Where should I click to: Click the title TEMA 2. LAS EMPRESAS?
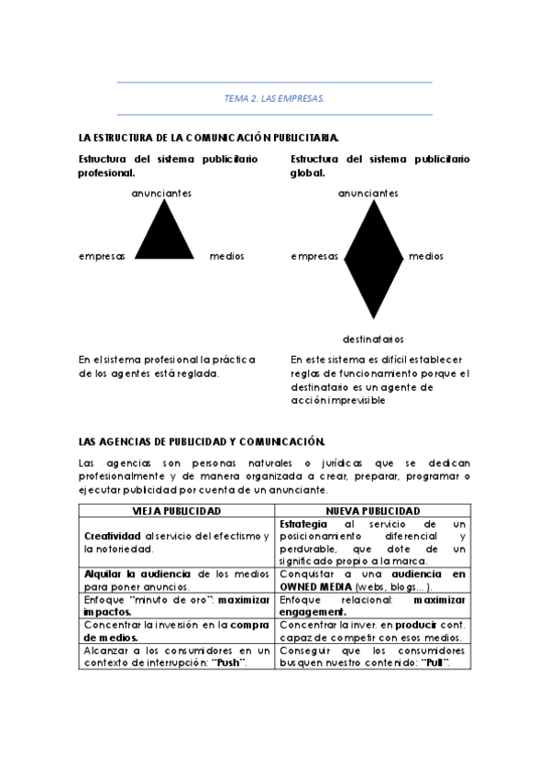[x=274, y=97]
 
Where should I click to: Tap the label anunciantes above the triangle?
[x=161, y=194]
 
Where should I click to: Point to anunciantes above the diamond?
[x=368, y=194]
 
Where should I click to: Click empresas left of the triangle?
[x=103, y=257]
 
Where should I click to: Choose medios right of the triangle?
[x=227, y=257]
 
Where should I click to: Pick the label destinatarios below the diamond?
[x=373, y=338]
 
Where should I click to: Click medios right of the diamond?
[x=425, y=257]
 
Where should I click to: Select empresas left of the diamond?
[x=314, y=257]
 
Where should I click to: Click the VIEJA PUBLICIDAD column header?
[x=177, y=510]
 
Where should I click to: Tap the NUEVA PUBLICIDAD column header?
[x=373, y=510]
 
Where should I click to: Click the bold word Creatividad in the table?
[x=112, y=536]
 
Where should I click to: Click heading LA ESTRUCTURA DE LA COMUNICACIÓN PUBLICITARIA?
[x=210, y=138]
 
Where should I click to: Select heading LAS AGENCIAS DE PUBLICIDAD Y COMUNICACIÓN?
[x=202, y=441]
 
